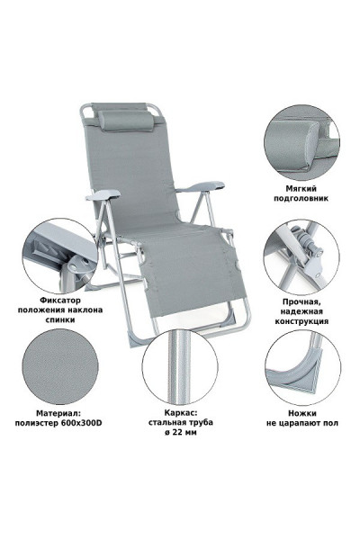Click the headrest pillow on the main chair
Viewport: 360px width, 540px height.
(x=126, y=121)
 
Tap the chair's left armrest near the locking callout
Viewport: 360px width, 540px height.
(x=103, y=195)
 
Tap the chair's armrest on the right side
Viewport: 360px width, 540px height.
(x=201, y=186)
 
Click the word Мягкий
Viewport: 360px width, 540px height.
(x=301, y=189)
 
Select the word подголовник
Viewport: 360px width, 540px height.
(x=301, y=198)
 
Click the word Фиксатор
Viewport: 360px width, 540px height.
(x=60, y=301)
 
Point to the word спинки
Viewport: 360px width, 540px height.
(x=60, y=319)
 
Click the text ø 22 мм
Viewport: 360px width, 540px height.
(x=181, y=432)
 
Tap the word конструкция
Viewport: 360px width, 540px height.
(x=301, y=321)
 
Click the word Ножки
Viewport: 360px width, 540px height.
(x=302, y=413)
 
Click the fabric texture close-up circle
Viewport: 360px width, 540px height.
(x=60, y=366)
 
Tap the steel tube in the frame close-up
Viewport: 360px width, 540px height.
(x=179, y=367)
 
